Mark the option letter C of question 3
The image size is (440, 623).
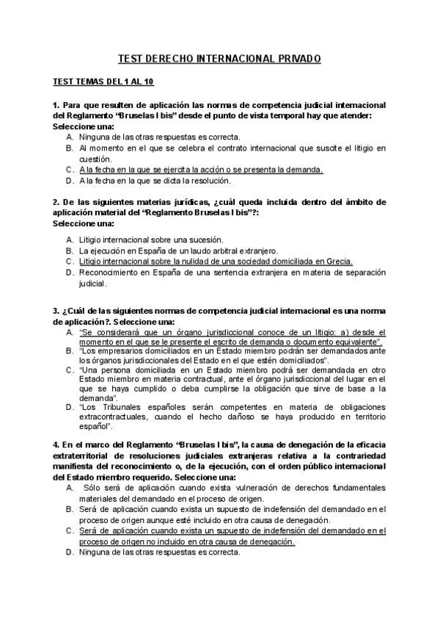68,371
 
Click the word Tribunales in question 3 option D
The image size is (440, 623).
118,406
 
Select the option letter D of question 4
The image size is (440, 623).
68,552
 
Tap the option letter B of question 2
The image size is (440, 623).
68,251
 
